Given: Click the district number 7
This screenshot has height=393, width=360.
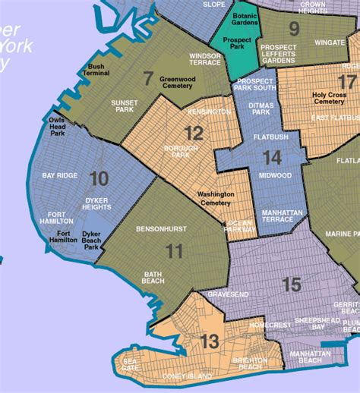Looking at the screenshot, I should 149,77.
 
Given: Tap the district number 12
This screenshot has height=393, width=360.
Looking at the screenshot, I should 194,134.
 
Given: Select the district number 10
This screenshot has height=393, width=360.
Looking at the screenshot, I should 99,178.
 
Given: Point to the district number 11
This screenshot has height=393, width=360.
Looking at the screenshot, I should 175,251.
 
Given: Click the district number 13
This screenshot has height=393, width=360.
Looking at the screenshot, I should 210,342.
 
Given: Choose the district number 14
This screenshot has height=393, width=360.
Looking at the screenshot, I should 271,158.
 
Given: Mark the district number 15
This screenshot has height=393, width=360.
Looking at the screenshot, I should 291,285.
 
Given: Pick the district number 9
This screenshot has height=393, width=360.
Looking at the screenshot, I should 294,30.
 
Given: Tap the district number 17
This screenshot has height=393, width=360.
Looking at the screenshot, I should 347,83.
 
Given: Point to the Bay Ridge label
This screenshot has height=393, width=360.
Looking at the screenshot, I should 59,175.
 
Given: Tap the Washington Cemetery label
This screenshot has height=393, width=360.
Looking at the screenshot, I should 216,199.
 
